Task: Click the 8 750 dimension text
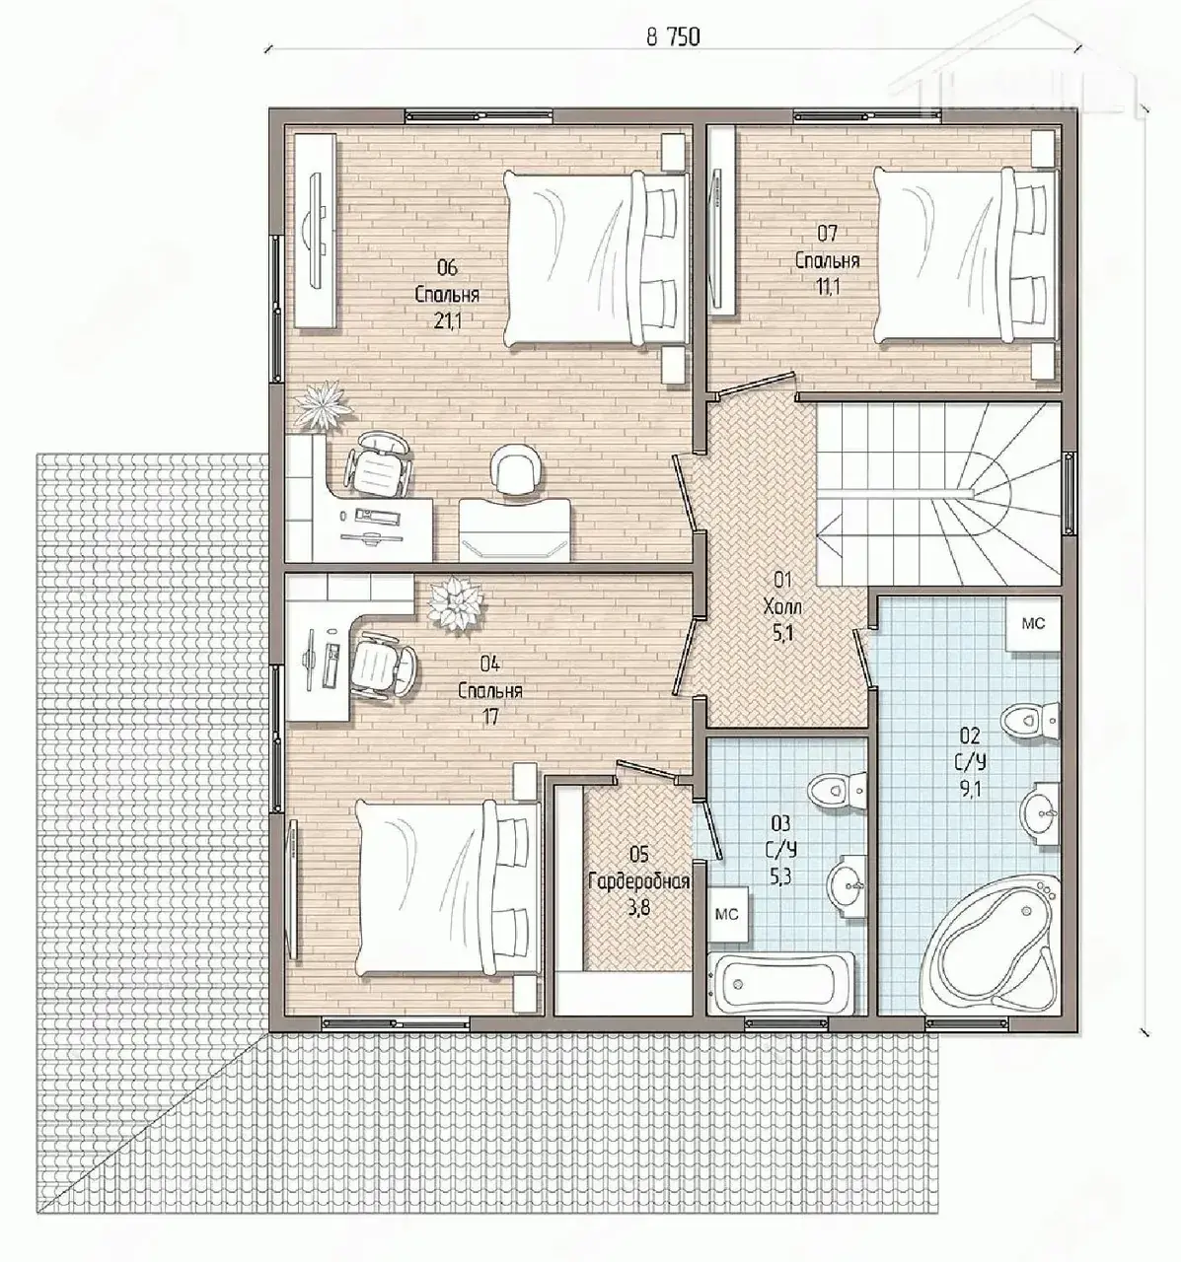pyautogui.click(x=673, y=36)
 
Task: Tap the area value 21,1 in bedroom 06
pyautogui.click(x=447, y=321)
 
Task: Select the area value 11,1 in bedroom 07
pyautogui.click(x=828, y=287)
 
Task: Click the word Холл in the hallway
pyautogui.click(x=782, y=607)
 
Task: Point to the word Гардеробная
pyautogui.click(x=639, y=882)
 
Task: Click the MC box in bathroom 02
pyautogui.click(x=1033, y=624)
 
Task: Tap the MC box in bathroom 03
pyautogui.click(x=727, y=914)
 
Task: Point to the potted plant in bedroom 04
pyautogui.click(x=456, y=603)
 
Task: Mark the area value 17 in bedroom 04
pyautogui.click(x=489, y=718)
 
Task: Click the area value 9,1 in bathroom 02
pyautogui.click(x=971, y=789)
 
